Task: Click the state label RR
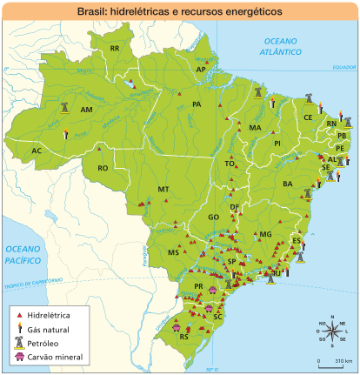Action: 115,49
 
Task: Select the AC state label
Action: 37,151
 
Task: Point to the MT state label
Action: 163,189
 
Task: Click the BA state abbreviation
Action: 288,184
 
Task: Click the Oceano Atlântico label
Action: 281,47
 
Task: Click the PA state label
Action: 197,104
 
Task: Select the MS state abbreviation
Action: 173,252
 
